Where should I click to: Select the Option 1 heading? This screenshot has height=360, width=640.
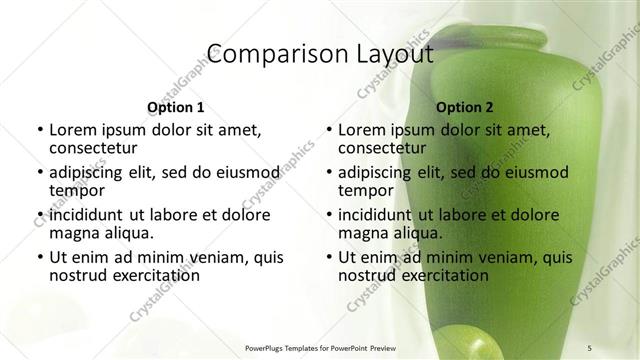coord(175,107)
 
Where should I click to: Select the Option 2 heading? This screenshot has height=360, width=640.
coord(465,107)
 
